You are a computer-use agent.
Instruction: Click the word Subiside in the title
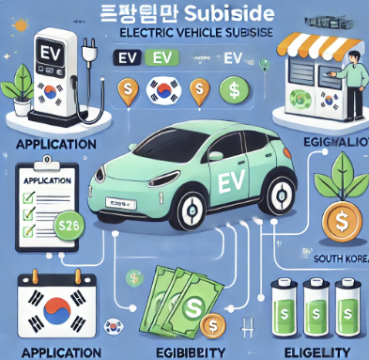click(x=229, y=14)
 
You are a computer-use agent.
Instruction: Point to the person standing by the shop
click(x=350, y=80)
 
